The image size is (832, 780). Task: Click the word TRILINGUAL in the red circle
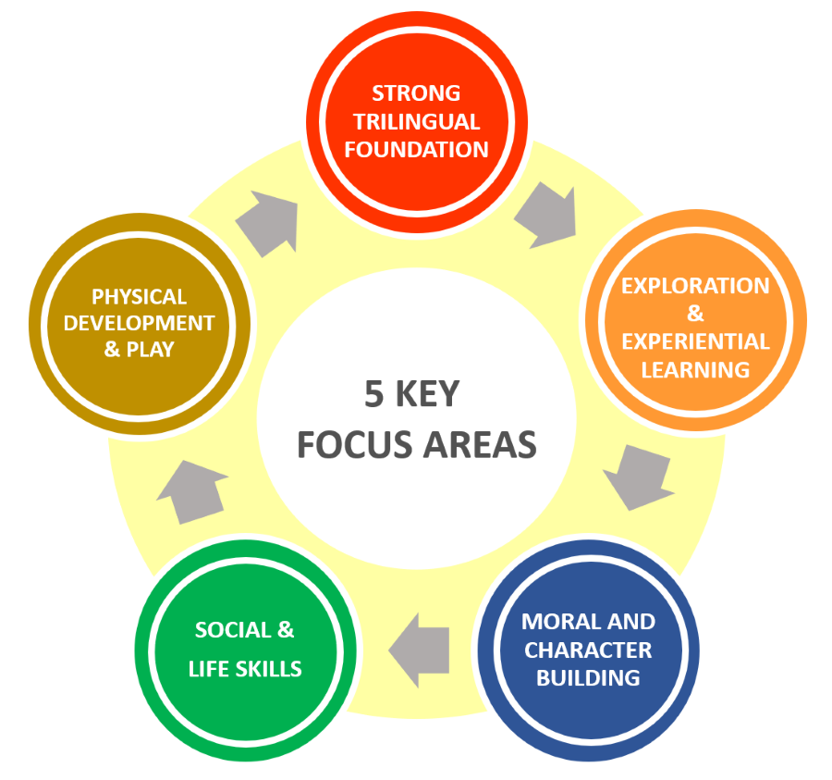416,121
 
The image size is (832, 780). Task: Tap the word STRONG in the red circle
416,93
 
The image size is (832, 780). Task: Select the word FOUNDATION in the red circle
416,149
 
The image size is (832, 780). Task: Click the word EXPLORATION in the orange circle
695,285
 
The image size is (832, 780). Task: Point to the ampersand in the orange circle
695,314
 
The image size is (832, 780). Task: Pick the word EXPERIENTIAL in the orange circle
695,341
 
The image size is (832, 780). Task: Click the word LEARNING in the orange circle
695,369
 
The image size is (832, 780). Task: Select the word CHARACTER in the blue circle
588,650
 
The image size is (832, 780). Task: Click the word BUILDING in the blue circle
588,677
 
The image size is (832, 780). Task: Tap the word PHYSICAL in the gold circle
139,297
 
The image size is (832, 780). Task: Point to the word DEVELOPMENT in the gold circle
139,324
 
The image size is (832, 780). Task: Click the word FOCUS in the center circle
354,445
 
